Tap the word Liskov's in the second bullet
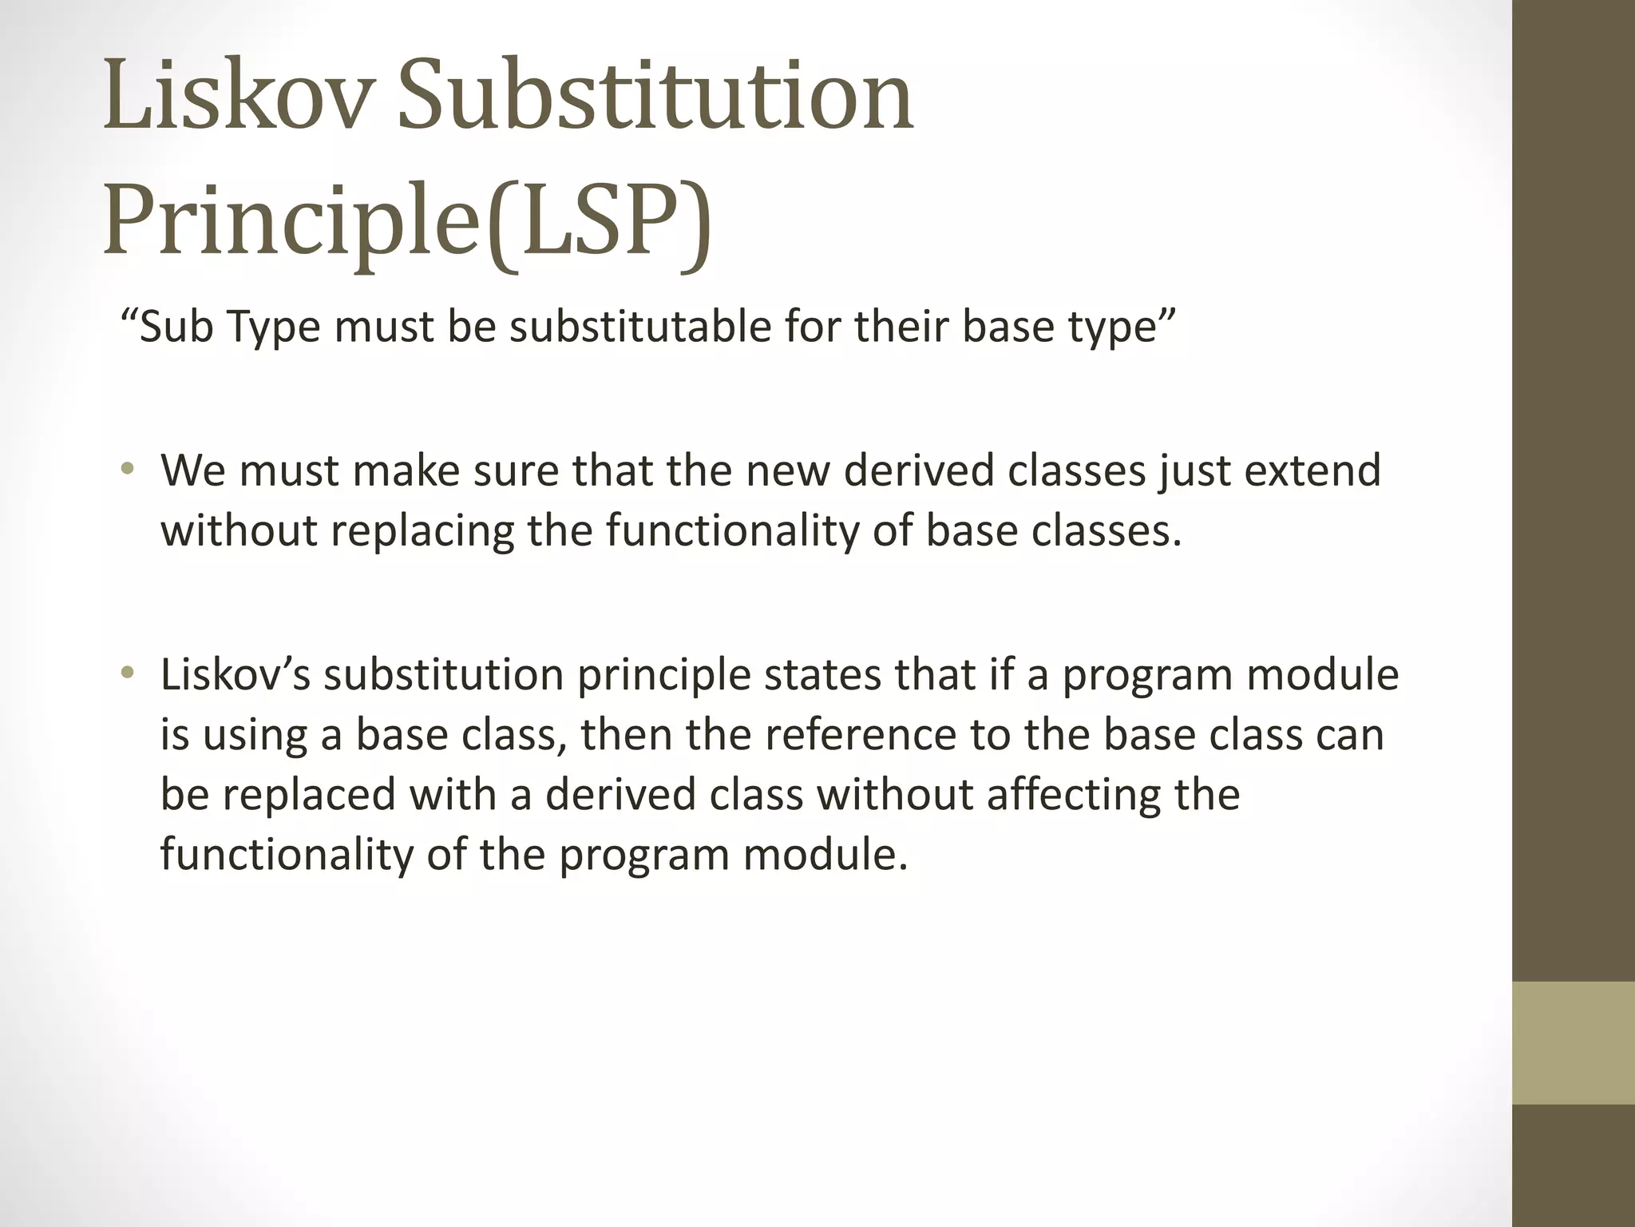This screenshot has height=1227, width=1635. point(235,674)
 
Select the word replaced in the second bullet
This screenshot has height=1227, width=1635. point(308,794)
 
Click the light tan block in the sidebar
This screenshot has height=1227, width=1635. point(1573,1042)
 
